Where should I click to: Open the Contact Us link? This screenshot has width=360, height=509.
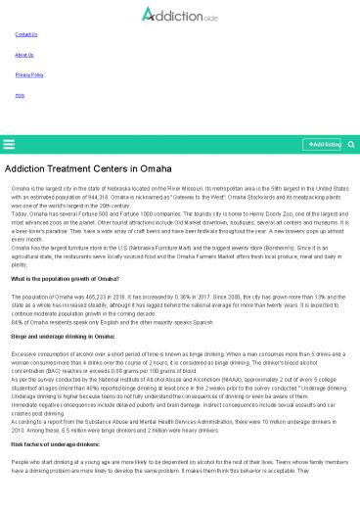(x=26, y=34)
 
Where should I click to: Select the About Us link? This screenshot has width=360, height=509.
(x=24, y=55)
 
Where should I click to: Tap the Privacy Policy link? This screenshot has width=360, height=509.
(x=29, y=74)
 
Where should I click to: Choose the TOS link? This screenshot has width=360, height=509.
(x=20, y=95)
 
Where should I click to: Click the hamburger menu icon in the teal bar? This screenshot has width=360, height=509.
(x=9, y=144)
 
